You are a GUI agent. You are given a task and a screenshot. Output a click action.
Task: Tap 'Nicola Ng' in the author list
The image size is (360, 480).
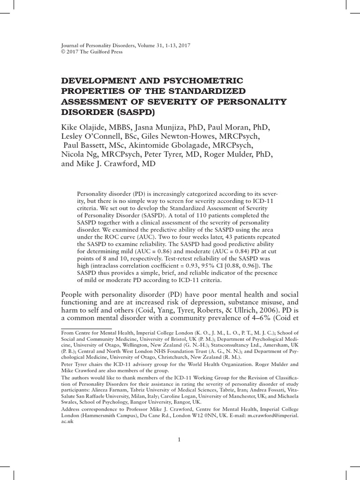80,155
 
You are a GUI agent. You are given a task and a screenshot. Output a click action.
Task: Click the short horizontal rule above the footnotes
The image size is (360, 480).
86,329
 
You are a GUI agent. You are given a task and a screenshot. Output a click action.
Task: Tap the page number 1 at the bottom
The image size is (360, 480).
180,439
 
